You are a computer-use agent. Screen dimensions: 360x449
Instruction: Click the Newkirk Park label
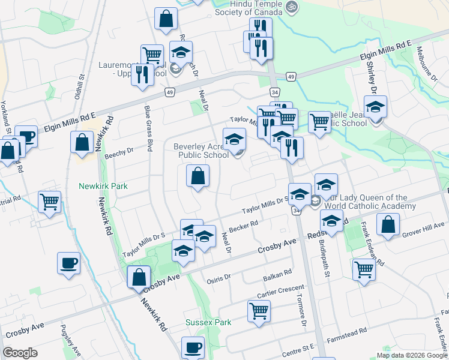click(x=103, y=186)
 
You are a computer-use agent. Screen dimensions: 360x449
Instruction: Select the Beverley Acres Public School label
click(x=201, y=150)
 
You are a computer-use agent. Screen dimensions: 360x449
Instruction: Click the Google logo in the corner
click(x=20, y=353)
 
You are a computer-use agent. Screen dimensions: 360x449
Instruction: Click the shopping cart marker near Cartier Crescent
click(x=259, y=311)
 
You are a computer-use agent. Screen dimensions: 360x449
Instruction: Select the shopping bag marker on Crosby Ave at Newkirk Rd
click(x=139, y=277)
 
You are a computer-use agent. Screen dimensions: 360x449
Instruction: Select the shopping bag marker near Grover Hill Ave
click(x=388, y=224)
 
